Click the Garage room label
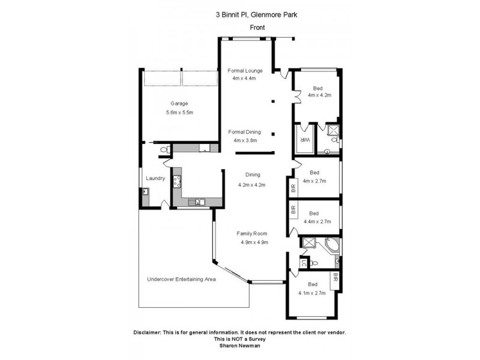(x=179, y=103)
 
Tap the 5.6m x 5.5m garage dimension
(x=179, y=112)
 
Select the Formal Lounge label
(x=245, y=70)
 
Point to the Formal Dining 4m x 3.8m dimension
(x=245, y=140)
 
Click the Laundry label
(x=155, y=178)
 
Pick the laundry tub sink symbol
(x=146, y=192)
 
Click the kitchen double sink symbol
(x=199, y=202)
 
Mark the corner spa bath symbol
(x=331, y=246)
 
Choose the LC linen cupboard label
(x=305, y=262)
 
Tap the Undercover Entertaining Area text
(x=181, y=280)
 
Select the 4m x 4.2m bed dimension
(x=319, y=95)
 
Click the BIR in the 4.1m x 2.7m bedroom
(x=335, y=278)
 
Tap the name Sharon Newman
(x=239, y=346)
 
